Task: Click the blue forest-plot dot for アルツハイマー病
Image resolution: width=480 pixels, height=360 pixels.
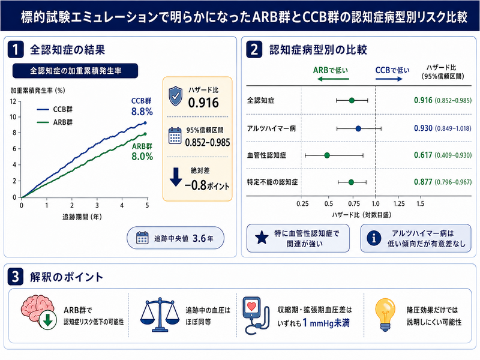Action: [x=358, y=128]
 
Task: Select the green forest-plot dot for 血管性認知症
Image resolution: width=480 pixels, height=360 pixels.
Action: [x=327, y=155]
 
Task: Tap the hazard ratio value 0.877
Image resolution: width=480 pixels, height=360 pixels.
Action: [x=423, y=182]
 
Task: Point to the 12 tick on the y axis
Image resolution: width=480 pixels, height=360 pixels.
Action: [x=13, y=101]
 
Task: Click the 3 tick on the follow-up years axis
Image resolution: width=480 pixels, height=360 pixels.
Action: [x=97, y=205]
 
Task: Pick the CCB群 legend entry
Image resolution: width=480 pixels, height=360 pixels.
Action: [x=55, y=109]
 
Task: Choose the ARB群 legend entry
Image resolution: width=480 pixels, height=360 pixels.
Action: [x=55, y=122]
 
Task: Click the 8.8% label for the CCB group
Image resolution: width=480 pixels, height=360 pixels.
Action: [x=142, y=112]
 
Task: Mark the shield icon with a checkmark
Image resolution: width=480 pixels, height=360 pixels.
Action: [x=176, y=96]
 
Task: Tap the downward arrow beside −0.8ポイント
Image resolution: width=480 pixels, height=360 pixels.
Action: [x=176, y=177]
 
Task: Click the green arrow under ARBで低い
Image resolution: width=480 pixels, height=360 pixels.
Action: [x=333, y=79]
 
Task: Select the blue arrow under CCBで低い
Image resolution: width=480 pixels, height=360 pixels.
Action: [x=389, y=79]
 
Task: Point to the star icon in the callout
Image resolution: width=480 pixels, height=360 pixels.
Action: [x=262, y=238]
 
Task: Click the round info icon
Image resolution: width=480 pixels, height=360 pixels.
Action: [x=374, y=238]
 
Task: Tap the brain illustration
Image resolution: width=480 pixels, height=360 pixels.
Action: [x=39, y=312]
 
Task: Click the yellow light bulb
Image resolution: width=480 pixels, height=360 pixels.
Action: [x=385, y=314]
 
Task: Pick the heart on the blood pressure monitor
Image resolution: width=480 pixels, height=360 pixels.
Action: [x=251, y=306]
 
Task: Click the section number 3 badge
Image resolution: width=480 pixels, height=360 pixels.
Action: [x=16, y=277]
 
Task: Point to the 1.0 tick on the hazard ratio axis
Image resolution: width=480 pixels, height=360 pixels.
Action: [x=376, y=204]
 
